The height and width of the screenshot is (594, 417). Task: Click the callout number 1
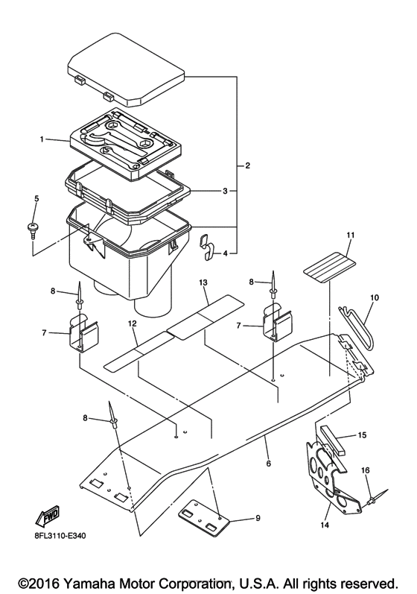(x=43, y=139)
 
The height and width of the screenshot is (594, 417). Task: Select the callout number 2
(x=247, y=165)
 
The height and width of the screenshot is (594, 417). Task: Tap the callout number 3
(x=224, y=191)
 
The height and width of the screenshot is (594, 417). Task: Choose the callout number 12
(x=133, y=323)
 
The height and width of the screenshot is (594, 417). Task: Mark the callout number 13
(x=202, y=283)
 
